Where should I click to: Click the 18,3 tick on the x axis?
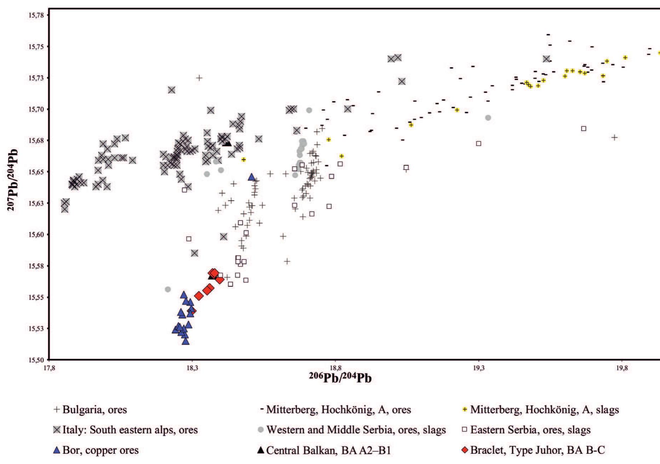tap(192, 368)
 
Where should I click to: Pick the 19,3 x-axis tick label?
tap(479, 368)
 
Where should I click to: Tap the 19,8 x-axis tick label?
tap(622, 368)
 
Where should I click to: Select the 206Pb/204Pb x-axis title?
tap(340, 378)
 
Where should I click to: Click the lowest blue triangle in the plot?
tap(185, 341)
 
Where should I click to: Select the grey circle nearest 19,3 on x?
tap(488, 118)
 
